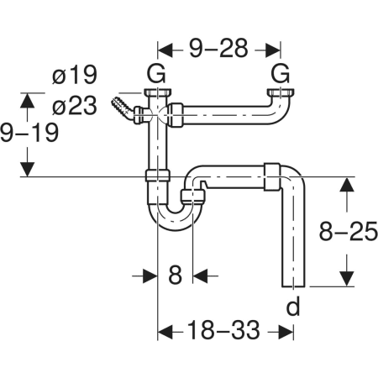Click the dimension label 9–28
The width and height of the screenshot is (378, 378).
(x=218, y=48)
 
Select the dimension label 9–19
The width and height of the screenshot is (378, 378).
(x=29, y=133)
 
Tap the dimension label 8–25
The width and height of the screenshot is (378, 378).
(x=349, y=231)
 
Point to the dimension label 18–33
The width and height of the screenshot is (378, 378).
(x=223, y=330)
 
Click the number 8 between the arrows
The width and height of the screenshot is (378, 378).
(x=175, y=275)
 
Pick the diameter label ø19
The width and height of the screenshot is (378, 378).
(x=75, y=75)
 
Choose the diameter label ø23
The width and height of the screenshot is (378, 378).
(x=75, y=105)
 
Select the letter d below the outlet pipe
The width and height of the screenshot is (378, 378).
(x=293, y=306)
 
